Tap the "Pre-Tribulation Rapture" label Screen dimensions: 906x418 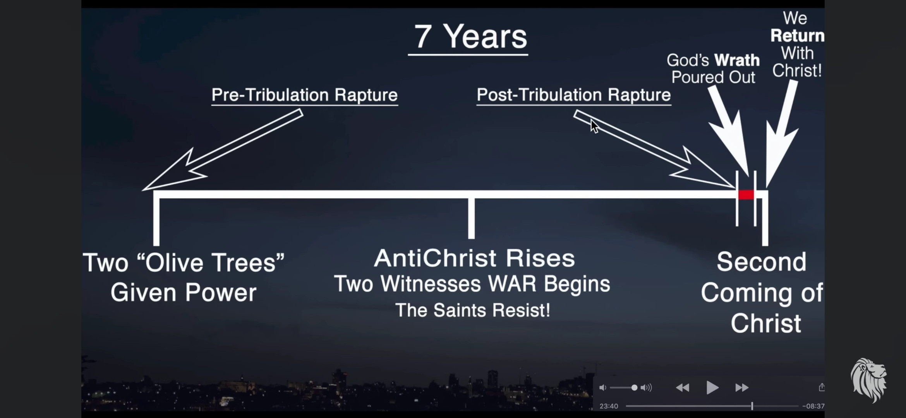tap(304, 95)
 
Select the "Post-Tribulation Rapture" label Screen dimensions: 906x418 tap(573, 95)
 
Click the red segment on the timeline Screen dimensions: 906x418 tap(746, 194)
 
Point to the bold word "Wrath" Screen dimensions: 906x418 tap(737, 60)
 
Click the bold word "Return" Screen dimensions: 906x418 tap(797, 36)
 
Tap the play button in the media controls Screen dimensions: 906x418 tap(712, 387)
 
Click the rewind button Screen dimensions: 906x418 tap(683, 387)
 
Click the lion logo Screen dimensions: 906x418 tap(869, 380)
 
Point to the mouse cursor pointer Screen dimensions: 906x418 tap(594, 126)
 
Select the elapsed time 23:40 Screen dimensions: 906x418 tap(609, 406)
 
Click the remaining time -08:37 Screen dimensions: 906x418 tap(813, 406)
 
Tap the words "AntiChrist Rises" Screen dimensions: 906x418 tap(474, 258)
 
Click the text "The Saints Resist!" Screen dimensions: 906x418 tap(473, 310)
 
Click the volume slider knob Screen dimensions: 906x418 tap(634, 387)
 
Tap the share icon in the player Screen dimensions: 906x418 tap(822, 387)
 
